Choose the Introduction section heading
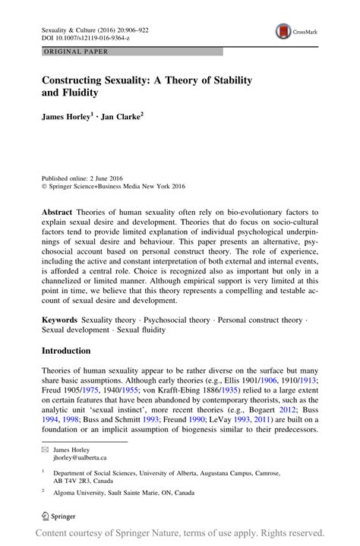point(66,351)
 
